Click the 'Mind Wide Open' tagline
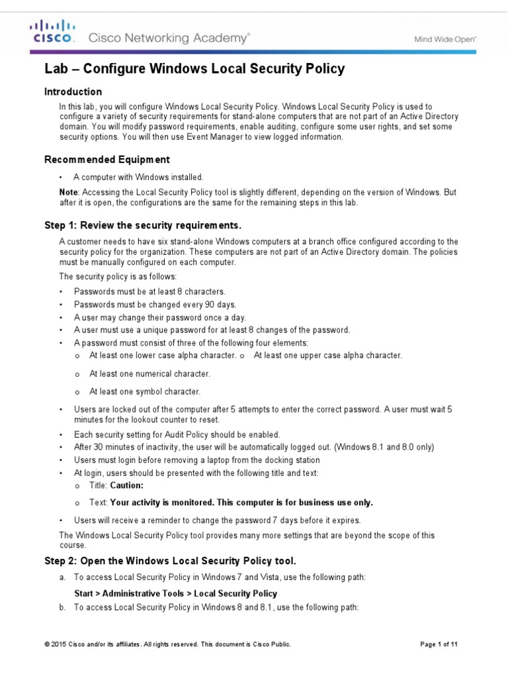444,39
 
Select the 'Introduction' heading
73,91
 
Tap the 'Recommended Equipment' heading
106,160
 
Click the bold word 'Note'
67,191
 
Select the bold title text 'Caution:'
126,485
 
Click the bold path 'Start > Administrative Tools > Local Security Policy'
175,593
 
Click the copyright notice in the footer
167,644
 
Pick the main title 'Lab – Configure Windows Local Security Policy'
194,68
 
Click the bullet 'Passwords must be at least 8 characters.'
149,291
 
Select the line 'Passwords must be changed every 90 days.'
155,305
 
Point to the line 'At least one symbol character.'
145,391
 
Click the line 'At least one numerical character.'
149,373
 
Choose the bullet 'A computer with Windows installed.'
138,177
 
